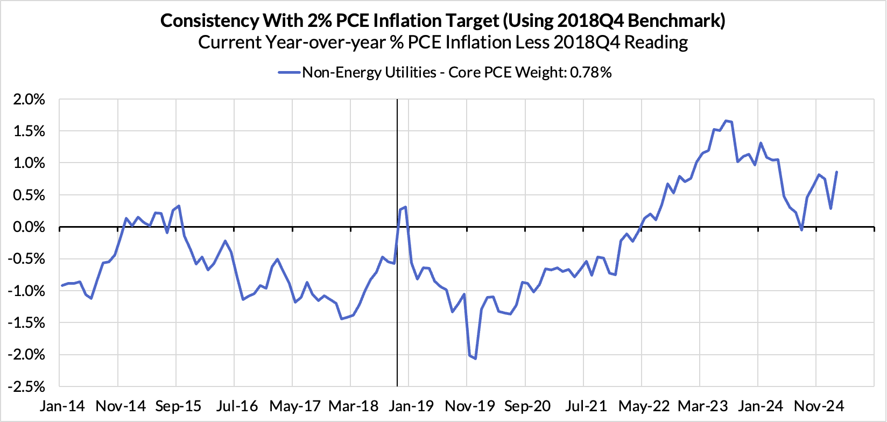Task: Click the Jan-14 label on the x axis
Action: tap(62, 406)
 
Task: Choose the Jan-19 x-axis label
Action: tap(411, 406)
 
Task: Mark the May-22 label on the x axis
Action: tap(641, 406)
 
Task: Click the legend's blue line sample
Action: tap(288, 73)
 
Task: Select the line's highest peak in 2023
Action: tap(726, 121)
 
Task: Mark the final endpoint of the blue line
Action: tap(836, 172)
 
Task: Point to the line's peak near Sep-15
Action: tap(179, 206)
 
